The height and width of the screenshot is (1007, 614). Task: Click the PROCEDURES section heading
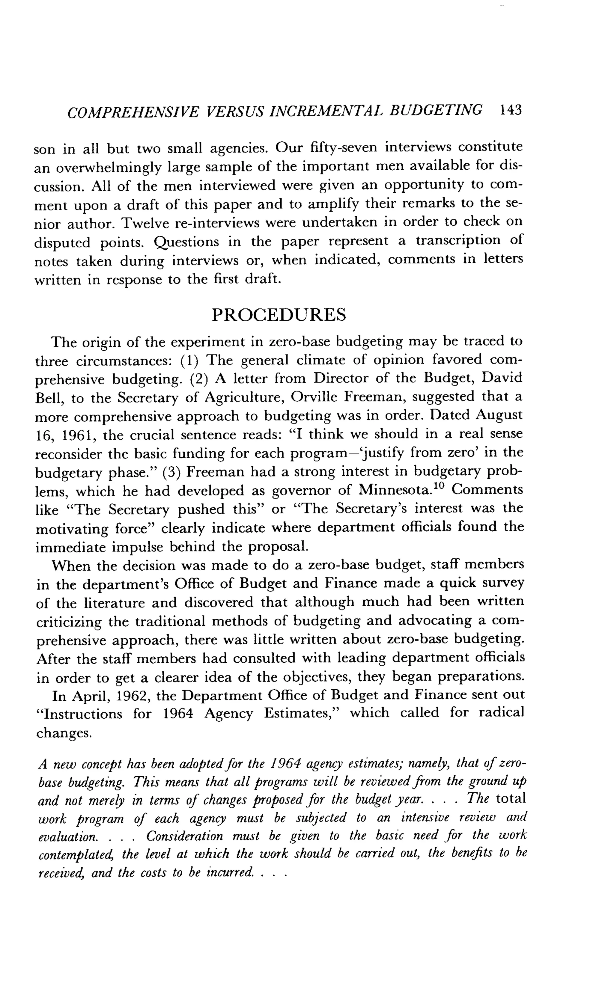[279, 315]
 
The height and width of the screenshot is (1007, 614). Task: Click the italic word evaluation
[67, 836]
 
